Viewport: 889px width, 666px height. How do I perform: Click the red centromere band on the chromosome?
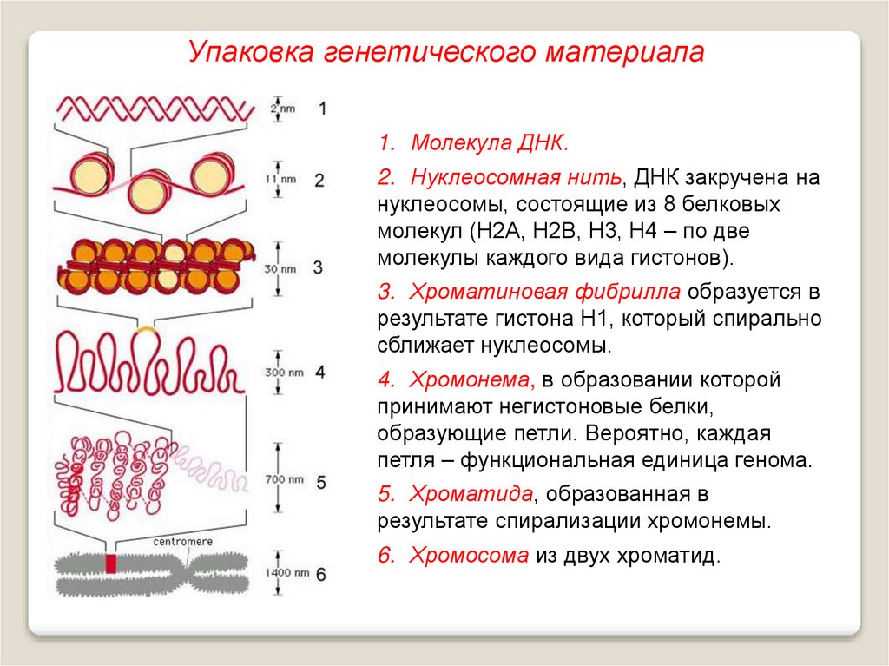tap(110, 563)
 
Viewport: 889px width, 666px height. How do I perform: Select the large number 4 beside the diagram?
tap(320, 372)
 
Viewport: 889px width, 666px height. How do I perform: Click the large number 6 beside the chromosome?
tap(320, 574)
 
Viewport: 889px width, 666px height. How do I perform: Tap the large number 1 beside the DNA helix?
tap(322, 109)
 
